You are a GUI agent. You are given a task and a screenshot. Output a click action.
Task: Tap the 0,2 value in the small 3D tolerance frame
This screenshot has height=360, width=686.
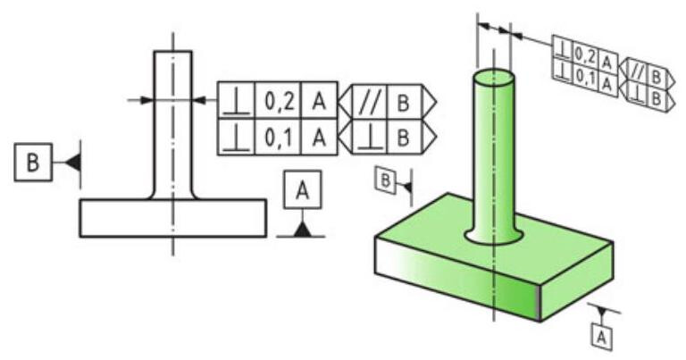point(586,55)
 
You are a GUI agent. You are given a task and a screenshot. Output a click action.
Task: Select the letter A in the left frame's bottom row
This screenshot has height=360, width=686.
point(318,138)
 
